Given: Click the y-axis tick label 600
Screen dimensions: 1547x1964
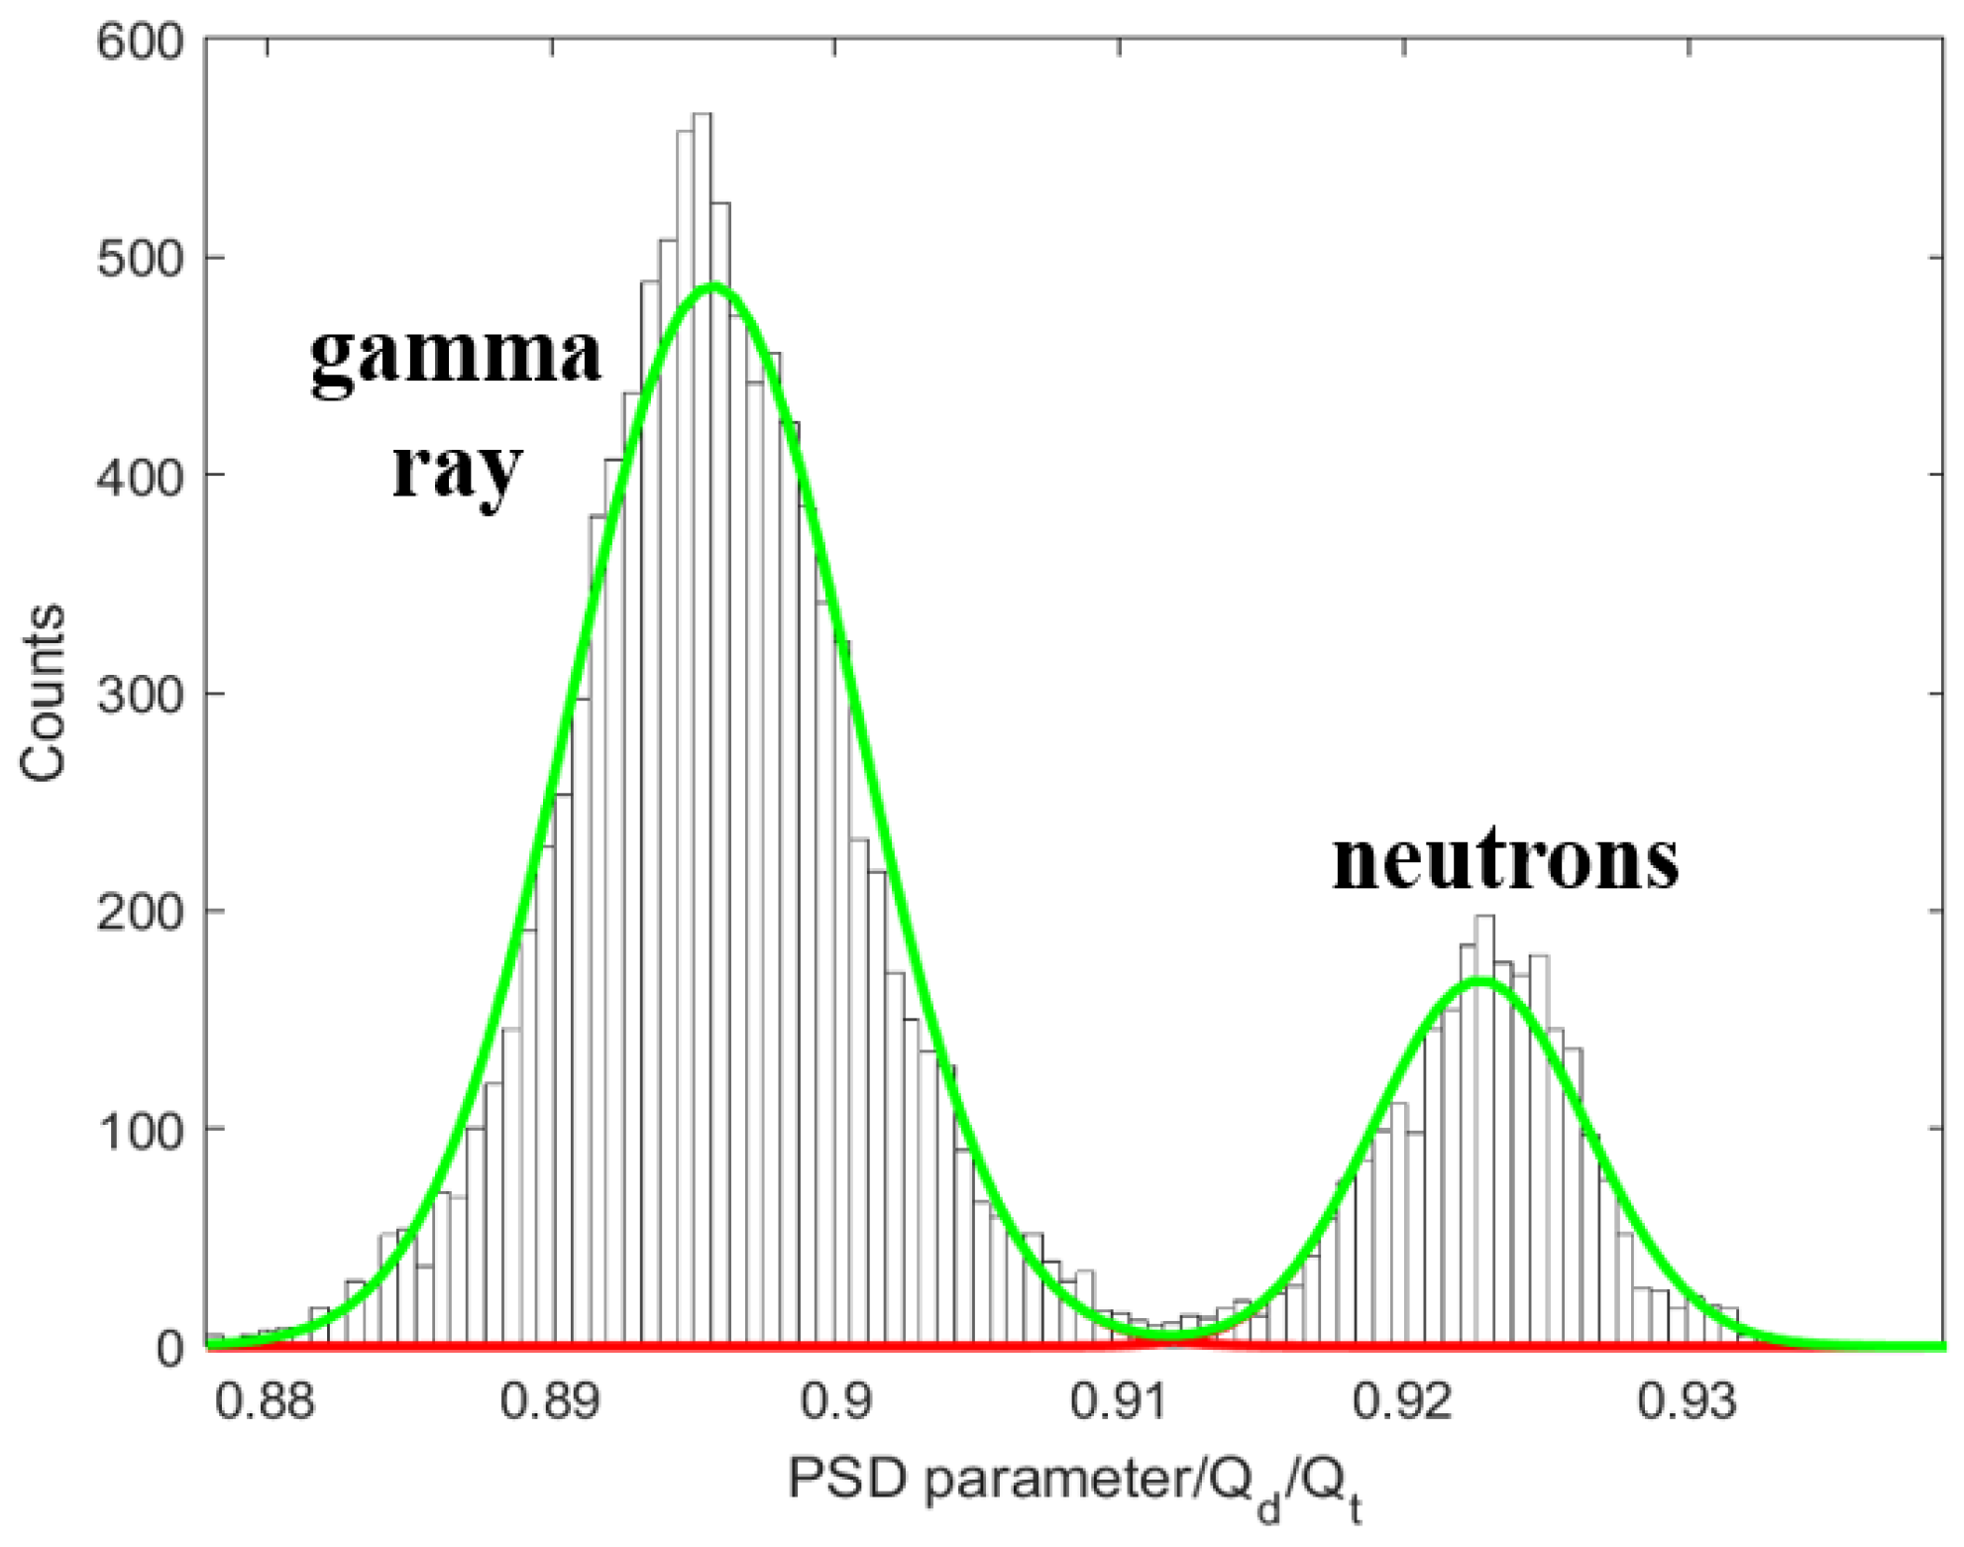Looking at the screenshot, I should click(141, 42).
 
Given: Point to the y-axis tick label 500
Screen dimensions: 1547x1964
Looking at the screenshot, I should click(141, 260).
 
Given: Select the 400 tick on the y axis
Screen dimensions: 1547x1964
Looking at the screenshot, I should click(141, 478).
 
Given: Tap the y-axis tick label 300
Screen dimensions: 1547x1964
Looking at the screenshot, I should click(141, 695).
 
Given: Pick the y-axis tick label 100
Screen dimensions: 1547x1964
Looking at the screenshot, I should click(141, 1131).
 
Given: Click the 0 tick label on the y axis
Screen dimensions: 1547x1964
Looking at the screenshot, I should click(170, 1349).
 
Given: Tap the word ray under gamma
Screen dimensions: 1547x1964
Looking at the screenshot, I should click(456, 471).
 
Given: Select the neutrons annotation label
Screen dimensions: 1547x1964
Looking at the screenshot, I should click(1505, 860).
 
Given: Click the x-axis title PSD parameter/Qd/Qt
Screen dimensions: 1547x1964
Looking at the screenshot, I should click(1075, 1484).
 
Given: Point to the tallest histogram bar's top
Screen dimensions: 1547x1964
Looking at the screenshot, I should click(702, 116).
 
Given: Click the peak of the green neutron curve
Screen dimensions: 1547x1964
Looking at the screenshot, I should click(1479, 981).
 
